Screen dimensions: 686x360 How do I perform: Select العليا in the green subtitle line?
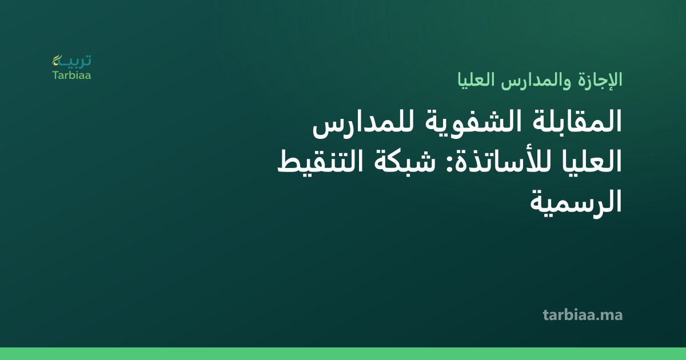click(x=476, y=79)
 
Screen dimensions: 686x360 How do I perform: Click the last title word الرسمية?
click(x=576, y=202)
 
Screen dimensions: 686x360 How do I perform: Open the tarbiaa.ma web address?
click(x=583, y=315)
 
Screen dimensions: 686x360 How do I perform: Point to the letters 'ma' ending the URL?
click(x=611, y=317)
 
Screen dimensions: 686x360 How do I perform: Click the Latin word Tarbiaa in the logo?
click(x=71, y=75)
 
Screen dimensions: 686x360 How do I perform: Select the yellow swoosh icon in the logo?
click(x=57, y=60)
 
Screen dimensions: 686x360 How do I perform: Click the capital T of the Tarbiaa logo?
click(x=55, y=75)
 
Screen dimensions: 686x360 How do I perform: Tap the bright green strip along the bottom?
click(x=343, y=354)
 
